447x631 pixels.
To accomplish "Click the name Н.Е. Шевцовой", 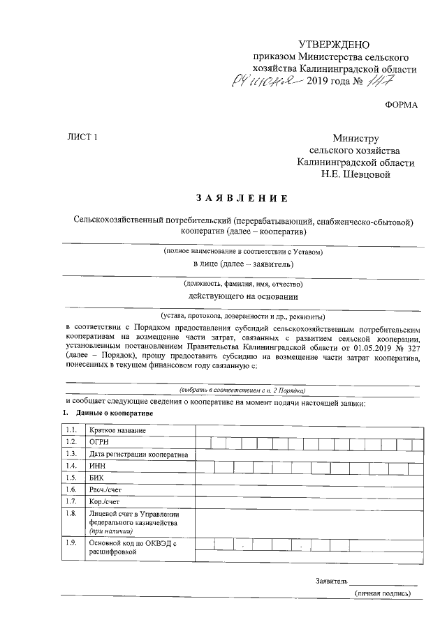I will (x=355, y=174).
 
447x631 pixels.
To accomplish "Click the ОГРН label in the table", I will (x=101, y=442).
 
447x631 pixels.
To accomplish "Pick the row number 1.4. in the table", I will (x=71, y=466).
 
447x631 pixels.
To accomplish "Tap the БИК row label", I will (x=96, y=478).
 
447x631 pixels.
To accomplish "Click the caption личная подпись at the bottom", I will (x=383, y=593).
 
